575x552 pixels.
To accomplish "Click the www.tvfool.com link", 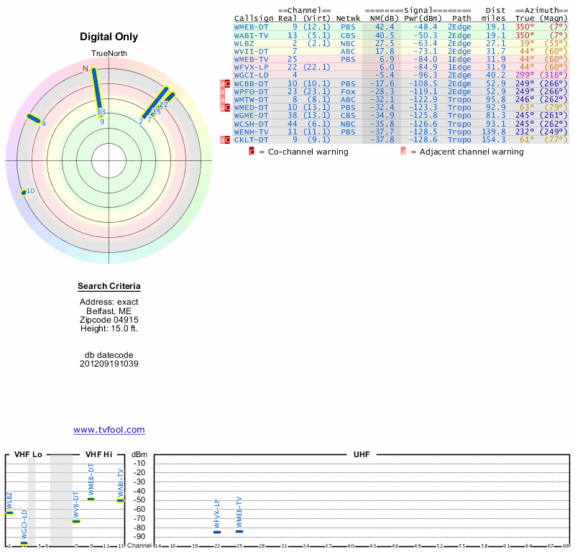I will click(109, 430).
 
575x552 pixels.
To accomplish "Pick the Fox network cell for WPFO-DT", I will click(347, 91).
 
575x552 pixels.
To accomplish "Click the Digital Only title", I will click(109, 37).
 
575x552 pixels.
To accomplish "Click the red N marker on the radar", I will click(86, 68).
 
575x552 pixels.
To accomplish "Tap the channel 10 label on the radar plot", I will click(30, 191).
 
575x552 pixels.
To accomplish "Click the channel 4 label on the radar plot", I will click(44, 124).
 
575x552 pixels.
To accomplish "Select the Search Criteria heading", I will click(109, 287).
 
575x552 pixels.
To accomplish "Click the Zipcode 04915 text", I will click(109, 320).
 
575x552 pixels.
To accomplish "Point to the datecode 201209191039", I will click(109, 364).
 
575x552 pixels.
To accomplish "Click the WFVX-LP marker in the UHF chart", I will click(217, 531).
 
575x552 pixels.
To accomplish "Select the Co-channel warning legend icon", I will click(252, 152).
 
